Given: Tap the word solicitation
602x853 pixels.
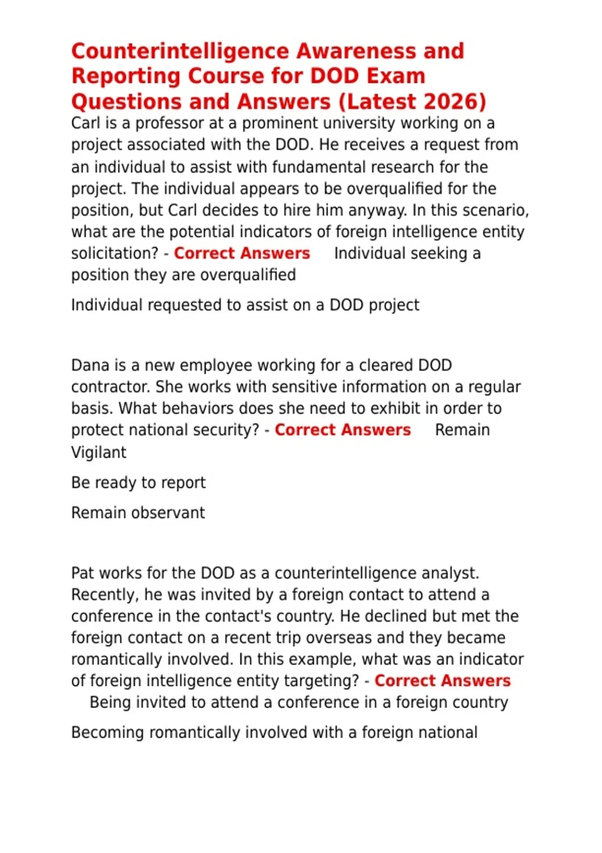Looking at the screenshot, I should tap(115, 253).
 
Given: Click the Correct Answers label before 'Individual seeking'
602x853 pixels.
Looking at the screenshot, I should tap(242, 253).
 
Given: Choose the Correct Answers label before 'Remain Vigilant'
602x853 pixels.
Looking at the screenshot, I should tap(343, 430).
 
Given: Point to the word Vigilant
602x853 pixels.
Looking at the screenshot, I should tap(99, 452).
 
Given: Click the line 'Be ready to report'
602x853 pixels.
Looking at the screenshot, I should tap(138, 483).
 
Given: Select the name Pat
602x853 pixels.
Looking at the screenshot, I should tap(83, 573).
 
